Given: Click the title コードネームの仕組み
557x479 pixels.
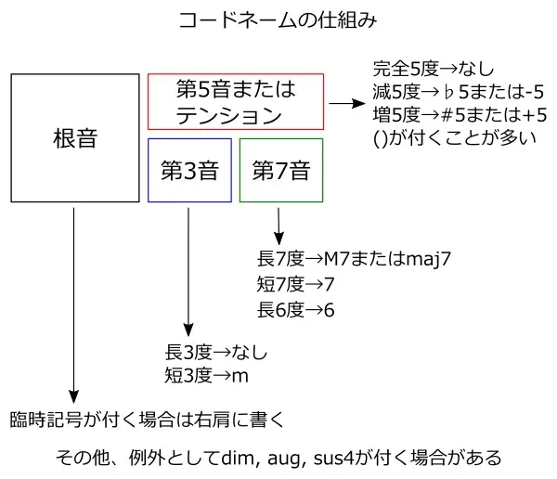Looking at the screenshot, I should coord(278,19).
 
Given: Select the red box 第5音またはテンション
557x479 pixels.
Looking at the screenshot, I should coord(236,101).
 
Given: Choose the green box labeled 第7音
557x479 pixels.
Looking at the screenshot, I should coord(280,170).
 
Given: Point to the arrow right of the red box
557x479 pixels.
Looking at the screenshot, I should coord(346,103).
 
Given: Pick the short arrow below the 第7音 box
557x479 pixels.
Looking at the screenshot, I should coord(278,223).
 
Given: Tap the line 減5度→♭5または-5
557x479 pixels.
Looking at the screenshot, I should coord(457,93).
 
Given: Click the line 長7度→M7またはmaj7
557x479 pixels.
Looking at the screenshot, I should coord(352,259).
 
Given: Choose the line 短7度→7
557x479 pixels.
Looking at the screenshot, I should coord(294,283).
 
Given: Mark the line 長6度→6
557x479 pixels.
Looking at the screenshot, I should coord(294,308).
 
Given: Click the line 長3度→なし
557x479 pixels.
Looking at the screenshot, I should coord(215,354).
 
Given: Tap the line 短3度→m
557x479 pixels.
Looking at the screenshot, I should coord(206,376).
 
